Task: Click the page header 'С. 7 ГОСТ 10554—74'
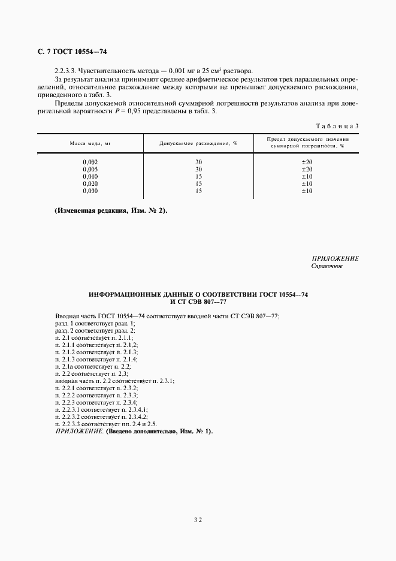coord(72,53)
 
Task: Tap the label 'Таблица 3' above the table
coord(336,125)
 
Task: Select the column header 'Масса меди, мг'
coord(90,143)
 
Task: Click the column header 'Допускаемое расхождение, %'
coord(198,143)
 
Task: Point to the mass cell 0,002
coord(90,162)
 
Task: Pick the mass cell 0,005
coord(90,170)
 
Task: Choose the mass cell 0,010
coord(90,177)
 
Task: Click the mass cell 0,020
coord(90,184)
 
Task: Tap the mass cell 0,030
coord(90,191)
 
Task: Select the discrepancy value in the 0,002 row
coord(199,162)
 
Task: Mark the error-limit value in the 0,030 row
coord(307,191)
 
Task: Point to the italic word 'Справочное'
coord(327,266)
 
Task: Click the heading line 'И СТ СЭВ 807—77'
coord(198,302)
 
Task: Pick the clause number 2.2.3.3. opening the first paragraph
coord(66,70)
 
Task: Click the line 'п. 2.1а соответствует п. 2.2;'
coord(92,366)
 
